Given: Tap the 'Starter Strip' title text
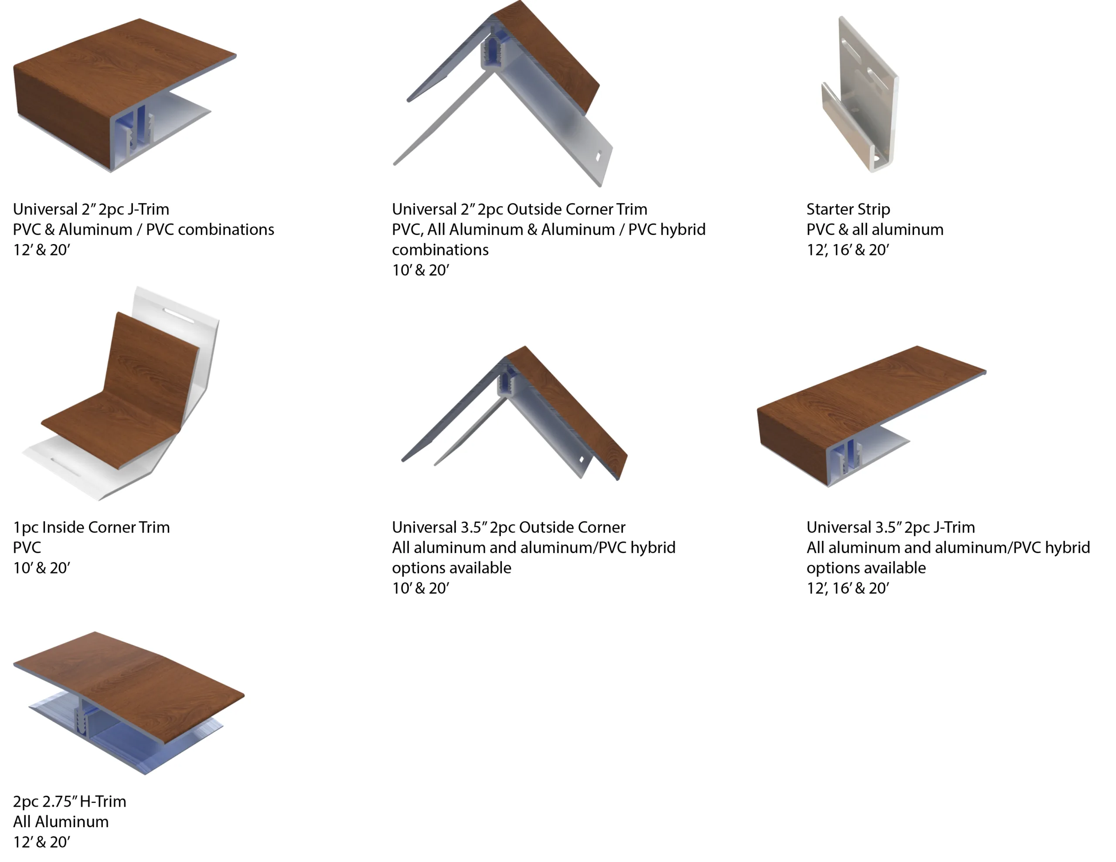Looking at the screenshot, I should point(848,209).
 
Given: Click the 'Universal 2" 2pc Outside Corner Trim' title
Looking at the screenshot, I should point(519,209).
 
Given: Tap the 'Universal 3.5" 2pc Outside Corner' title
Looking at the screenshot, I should point(508,527).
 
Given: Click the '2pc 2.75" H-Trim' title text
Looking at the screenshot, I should point(69,801).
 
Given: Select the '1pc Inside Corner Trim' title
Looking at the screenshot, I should point(92,527).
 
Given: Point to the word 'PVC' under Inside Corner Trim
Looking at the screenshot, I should point(27,547).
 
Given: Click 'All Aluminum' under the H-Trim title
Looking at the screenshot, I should point(61,821).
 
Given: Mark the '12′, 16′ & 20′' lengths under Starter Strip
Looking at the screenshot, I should point(848,250).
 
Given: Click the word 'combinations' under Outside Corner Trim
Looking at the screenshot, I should point(440,250).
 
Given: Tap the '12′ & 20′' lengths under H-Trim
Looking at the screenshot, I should point(41,842).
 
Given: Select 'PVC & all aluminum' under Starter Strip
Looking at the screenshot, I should point(875,229).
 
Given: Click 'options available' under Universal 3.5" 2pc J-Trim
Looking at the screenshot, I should point(866,568).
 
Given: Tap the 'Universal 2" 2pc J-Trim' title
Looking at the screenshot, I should point(91,209).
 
